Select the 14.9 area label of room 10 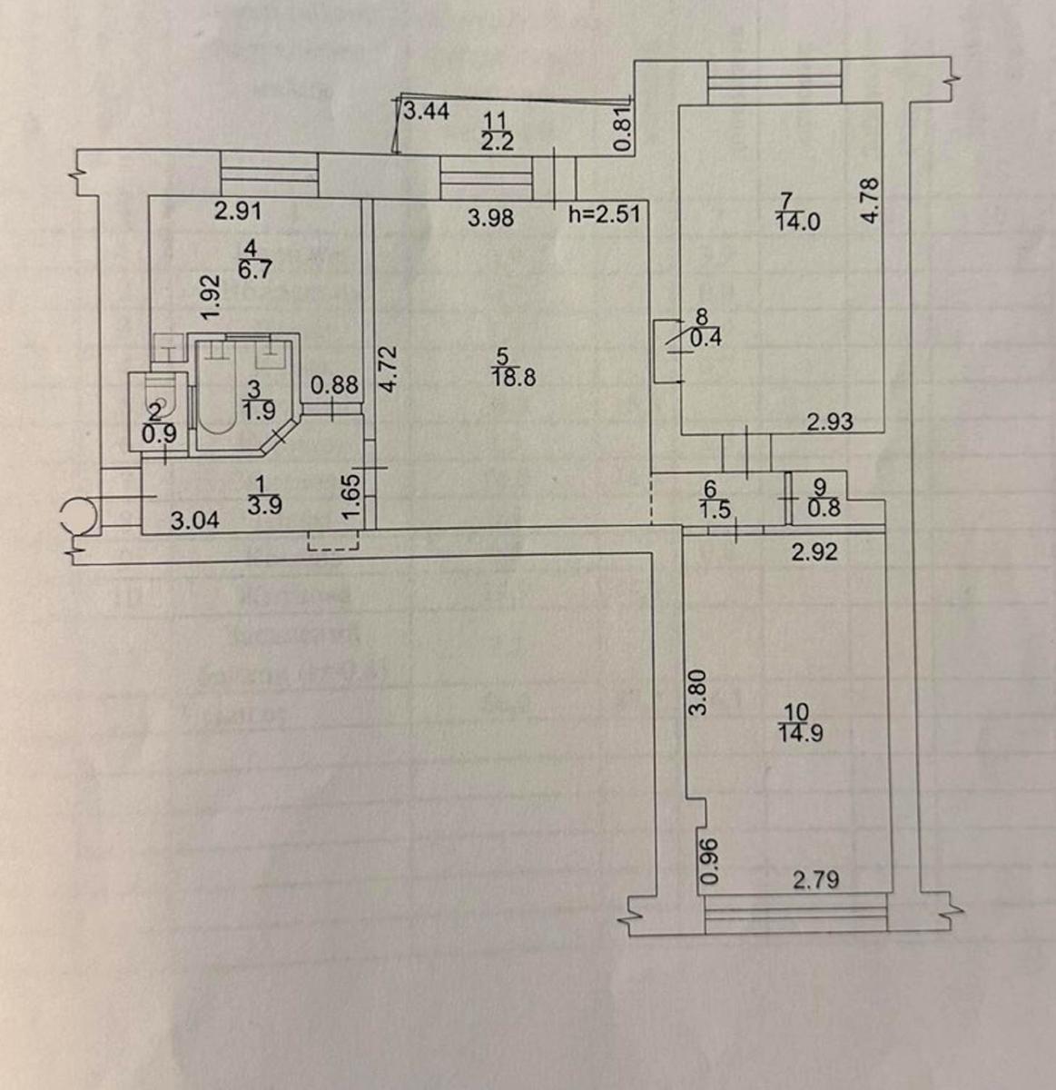801,734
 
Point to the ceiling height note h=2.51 605,215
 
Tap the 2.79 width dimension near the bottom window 815,879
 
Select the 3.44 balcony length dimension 425,113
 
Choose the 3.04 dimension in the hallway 195,520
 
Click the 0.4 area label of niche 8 700,340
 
